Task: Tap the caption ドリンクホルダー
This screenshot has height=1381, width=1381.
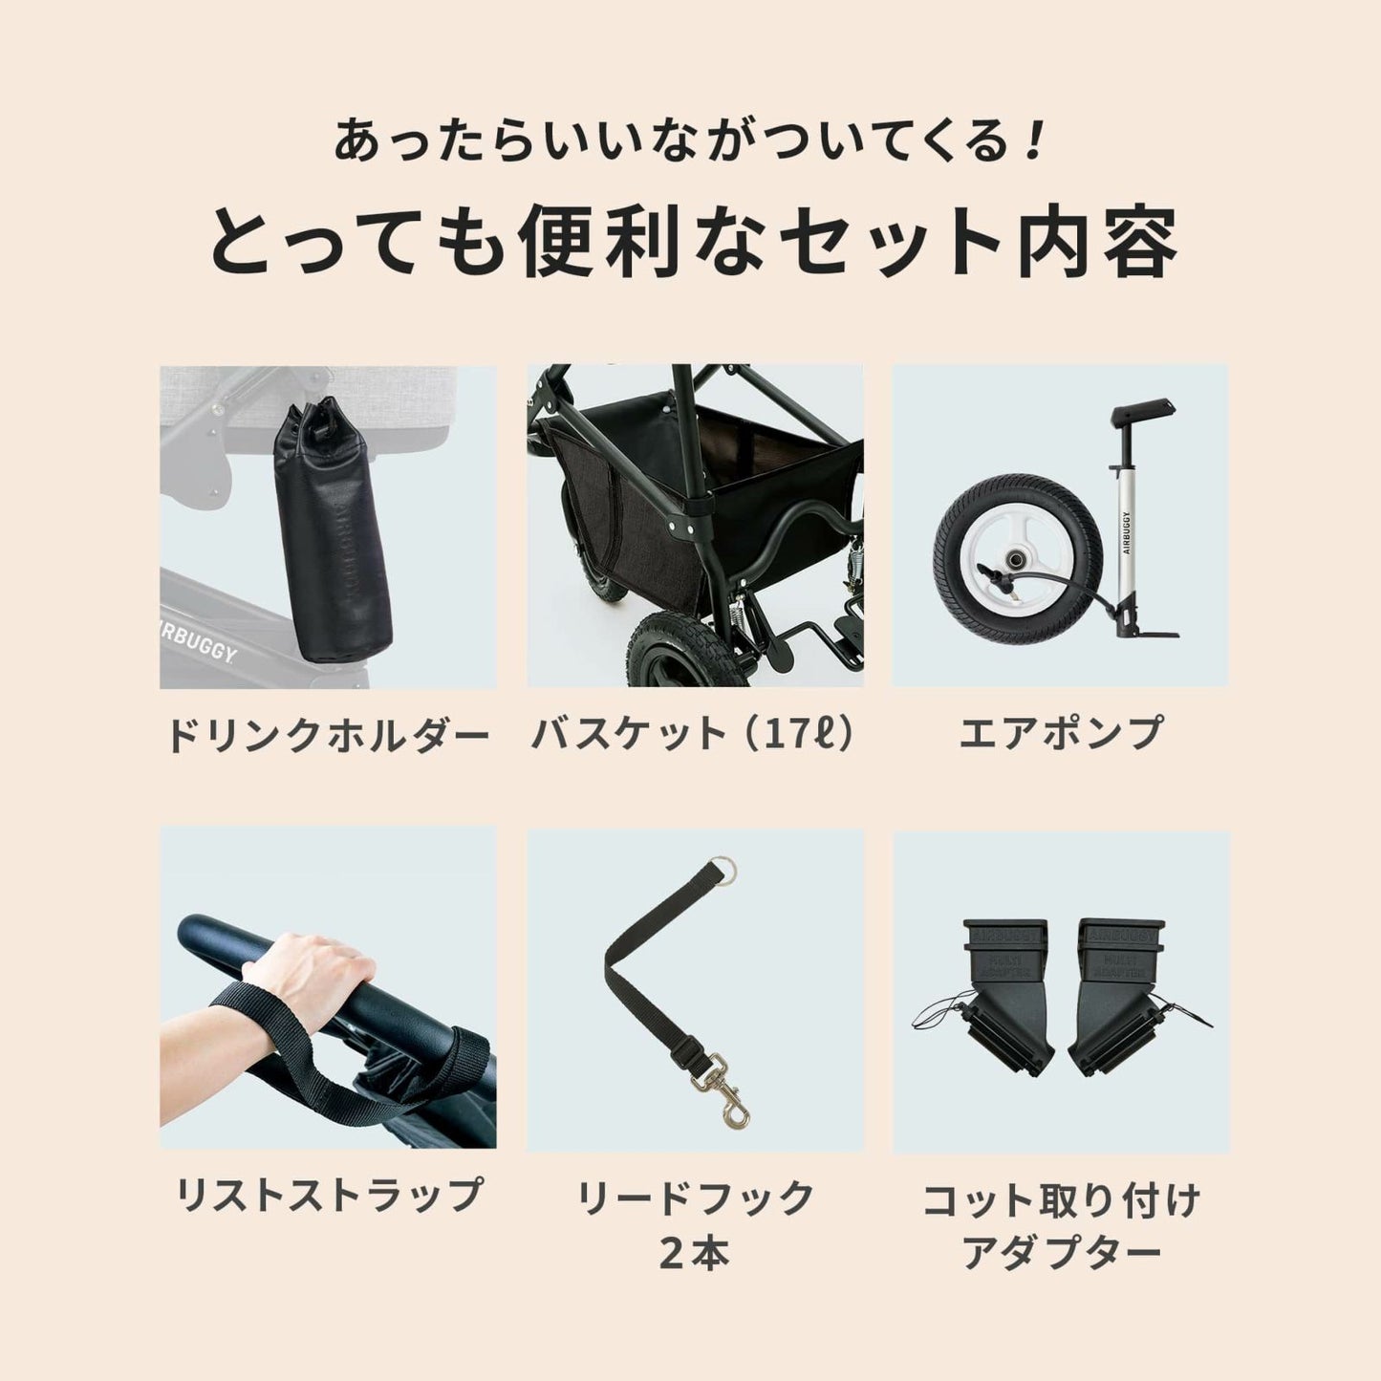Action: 327,736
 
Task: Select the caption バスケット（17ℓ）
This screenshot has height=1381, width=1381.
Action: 693,734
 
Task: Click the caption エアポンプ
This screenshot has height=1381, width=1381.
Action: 1061,734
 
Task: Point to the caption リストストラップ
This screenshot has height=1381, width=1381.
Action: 328,1195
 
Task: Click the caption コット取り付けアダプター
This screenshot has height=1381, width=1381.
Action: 1061,1225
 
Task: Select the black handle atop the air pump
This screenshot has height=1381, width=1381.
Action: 1143,414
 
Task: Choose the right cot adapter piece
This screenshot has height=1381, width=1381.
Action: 1121,994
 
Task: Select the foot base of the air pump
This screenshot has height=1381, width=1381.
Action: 1153,630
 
